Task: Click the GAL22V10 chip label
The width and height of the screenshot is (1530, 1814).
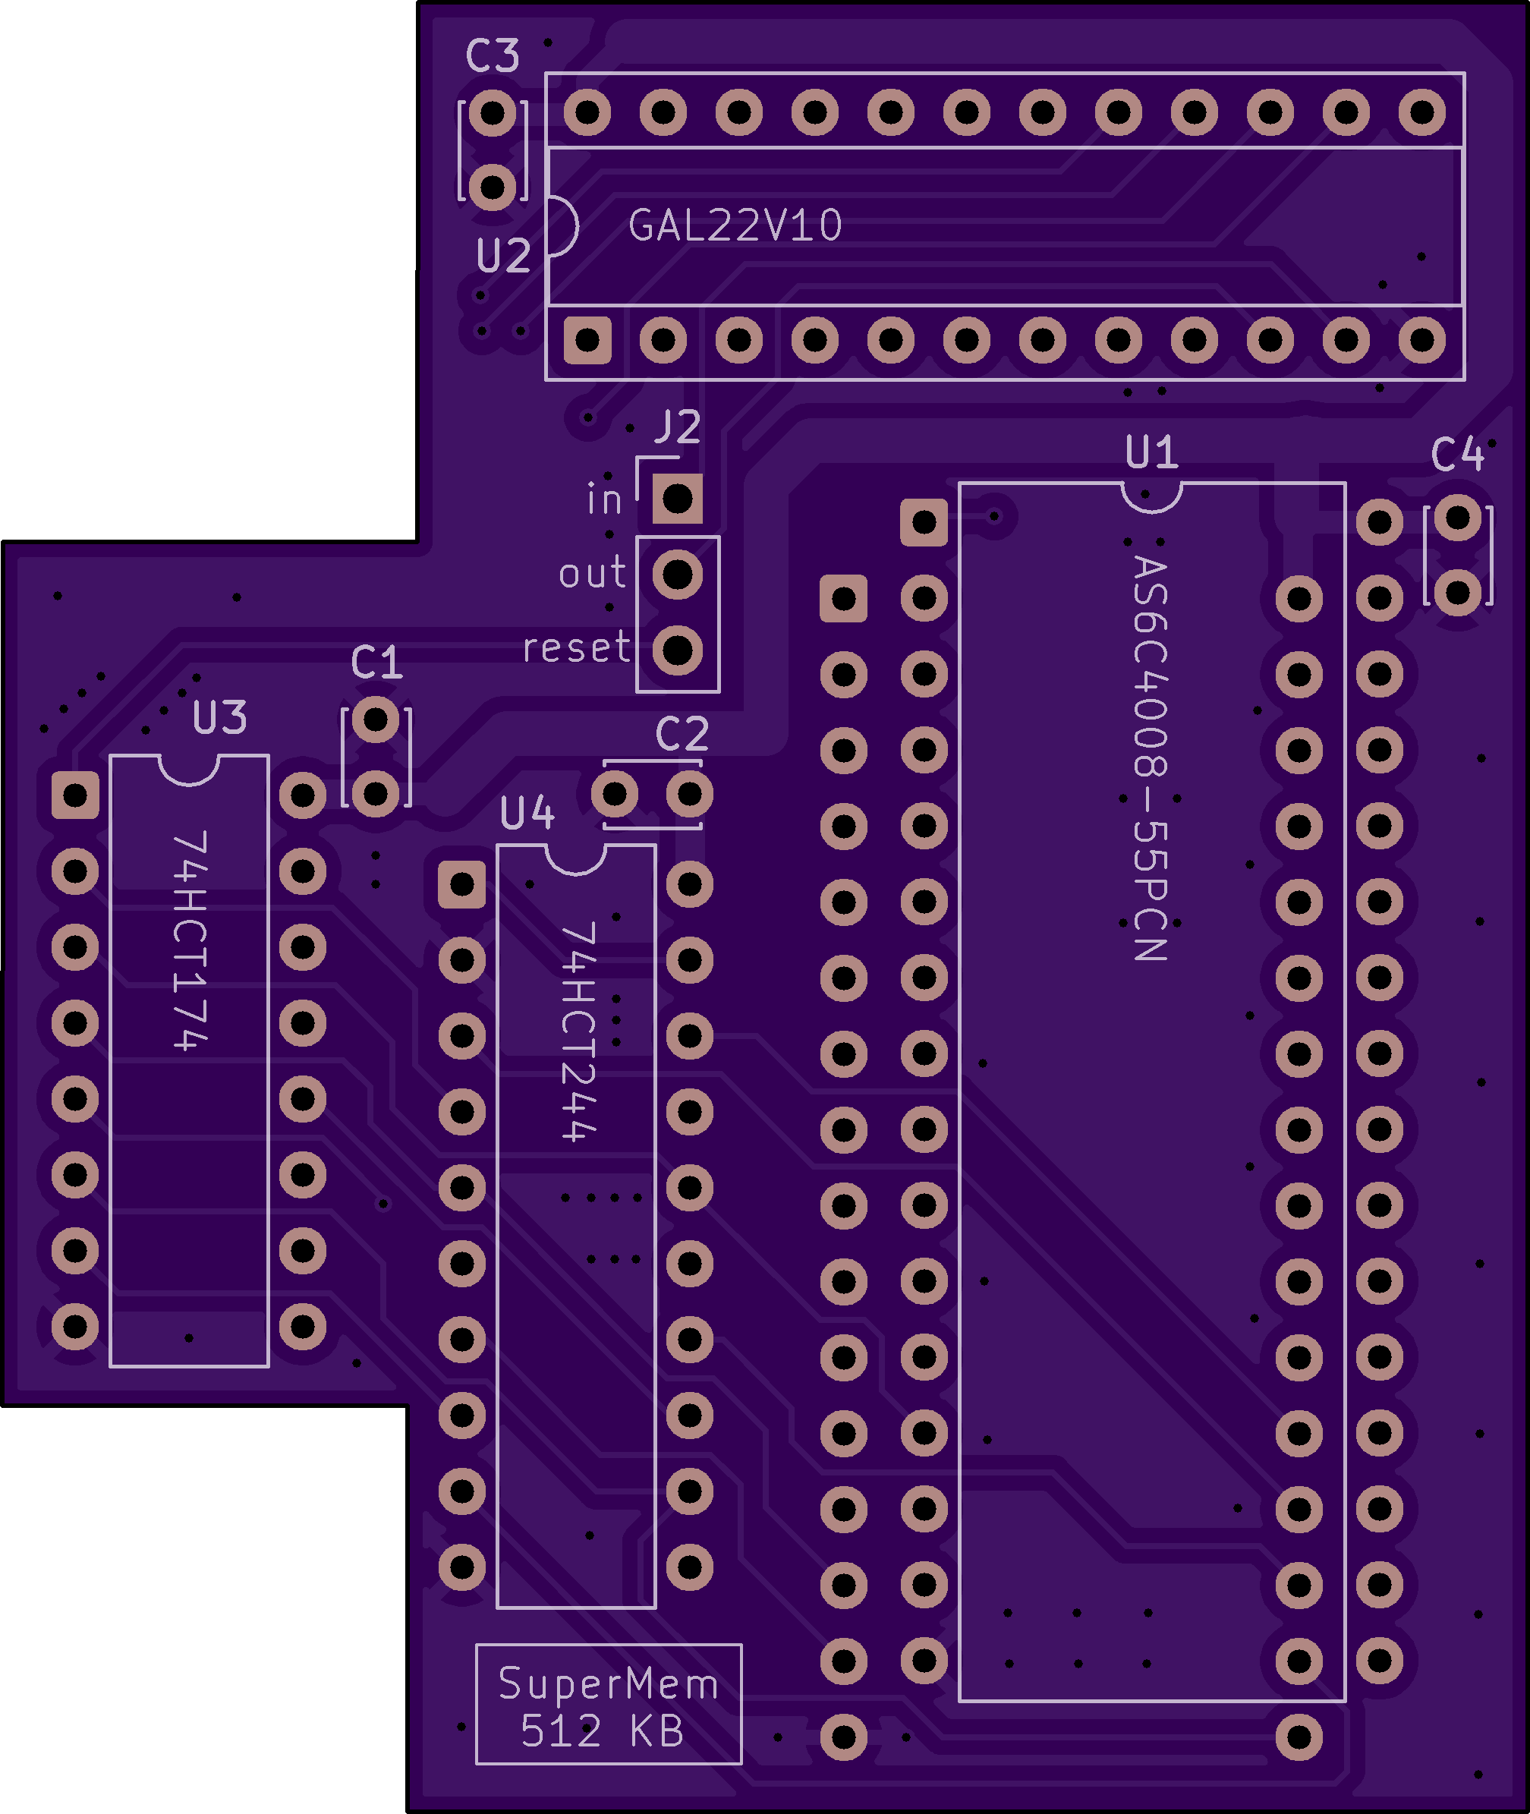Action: [735, 225]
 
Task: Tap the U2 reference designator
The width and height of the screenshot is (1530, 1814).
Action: [503, 256]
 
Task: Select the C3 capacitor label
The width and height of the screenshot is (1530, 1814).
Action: [492, 56]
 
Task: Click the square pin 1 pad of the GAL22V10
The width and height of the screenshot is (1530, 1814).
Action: [587, 339]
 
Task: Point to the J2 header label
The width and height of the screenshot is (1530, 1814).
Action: [678, 427]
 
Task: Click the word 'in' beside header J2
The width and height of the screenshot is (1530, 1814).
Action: [605, 499]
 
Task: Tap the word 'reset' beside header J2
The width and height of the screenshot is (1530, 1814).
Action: [576, 648]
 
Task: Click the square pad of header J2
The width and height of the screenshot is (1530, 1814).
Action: [678, 499]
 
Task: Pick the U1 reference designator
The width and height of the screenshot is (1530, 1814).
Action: [1151, 452]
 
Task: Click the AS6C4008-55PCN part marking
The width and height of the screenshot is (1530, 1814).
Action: [1151, 758]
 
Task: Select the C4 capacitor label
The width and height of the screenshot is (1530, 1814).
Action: [1457, 455]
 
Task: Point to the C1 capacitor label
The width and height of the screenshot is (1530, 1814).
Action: [377, 663]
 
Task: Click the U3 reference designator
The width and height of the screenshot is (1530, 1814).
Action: [219, 717]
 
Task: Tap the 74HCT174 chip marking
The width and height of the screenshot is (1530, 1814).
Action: [190, 940]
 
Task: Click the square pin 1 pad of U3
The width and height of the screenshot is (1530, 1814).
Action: [75, 795]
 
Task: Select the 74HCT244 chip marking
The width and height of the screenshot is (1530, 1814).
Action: [578, 1031]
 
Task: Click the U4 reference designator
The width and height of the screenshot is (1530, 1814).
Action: [527, 813]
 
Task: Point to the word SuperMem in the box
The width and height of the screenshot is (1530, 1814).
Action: [608, 1684]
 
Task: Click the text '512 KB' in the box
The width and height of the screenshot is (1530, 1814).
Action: [602, 1731]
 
